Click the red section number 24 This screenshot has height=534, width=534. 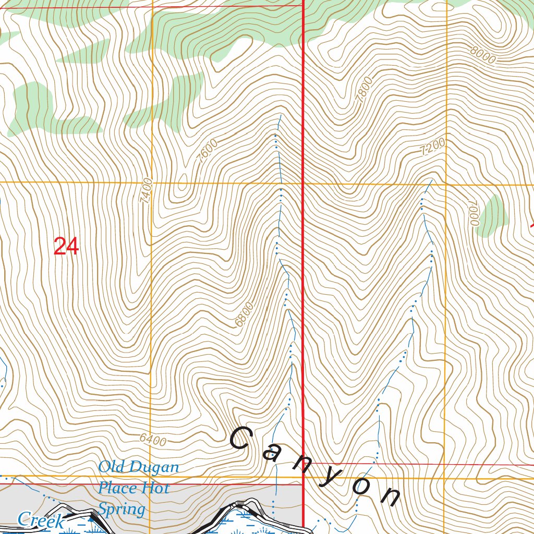(x=66, y=247)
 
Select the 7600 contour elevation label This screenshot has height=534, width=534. (x=208, y=152)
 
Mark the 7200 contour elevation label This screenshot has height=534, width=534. (x=433, y=147)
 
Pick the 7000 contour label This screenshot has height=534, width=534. (x=473, y=213)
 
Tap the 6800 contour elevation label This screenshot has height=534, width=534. (x=244, y=313)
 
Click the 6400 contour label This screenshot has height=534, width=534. (x=153, y=441)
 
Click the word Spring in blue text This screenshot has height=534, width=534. (x=122, y=509)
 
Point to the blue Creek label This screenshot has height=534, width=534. (x=41, y=520)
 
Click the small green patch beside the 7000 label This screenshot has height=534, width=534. (x=492, y=215)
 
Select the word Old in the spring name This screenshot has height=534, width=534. (x=111, y=467)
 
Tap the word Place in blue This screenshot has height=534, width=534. (x=119, y=488)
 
